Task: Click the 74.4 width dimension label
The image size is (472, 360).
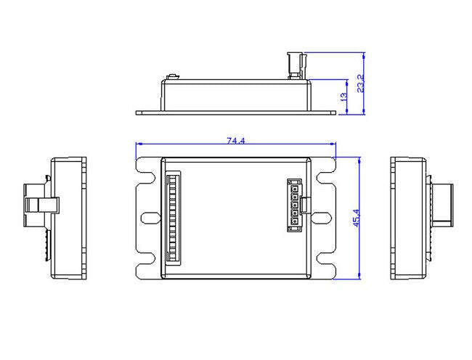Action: pyautogui.click(x=235, y=140)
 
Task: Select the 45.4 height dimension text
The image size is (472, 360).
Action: pyautogui.click(x=356, y=218)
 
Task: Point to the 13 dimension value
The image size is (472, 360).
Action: pyautogui.click(x=343, y=97)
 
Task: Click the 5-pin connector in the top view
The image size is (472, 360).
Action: pyautogui.click(x=295, y=206)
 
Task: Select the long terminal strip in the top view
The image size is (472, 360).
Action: pyautogui.click(x=171, y=217)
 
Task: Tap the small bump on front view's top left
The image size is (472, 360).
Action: pyautogui.click(x=174, y=76)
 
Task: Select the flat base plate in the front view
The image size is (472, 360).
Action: pyautogui.click(x=237, y=112)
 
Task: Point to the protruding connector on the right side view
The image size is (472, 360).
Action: pyautogui.click(x=444, y=205)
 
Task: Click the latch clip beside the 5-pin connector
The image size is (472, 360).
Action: pyautogui.click(x=306, y=206)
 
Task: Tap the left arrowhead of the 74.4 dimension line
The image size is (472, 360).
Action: pyautogui.click(x=140, y=144)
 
